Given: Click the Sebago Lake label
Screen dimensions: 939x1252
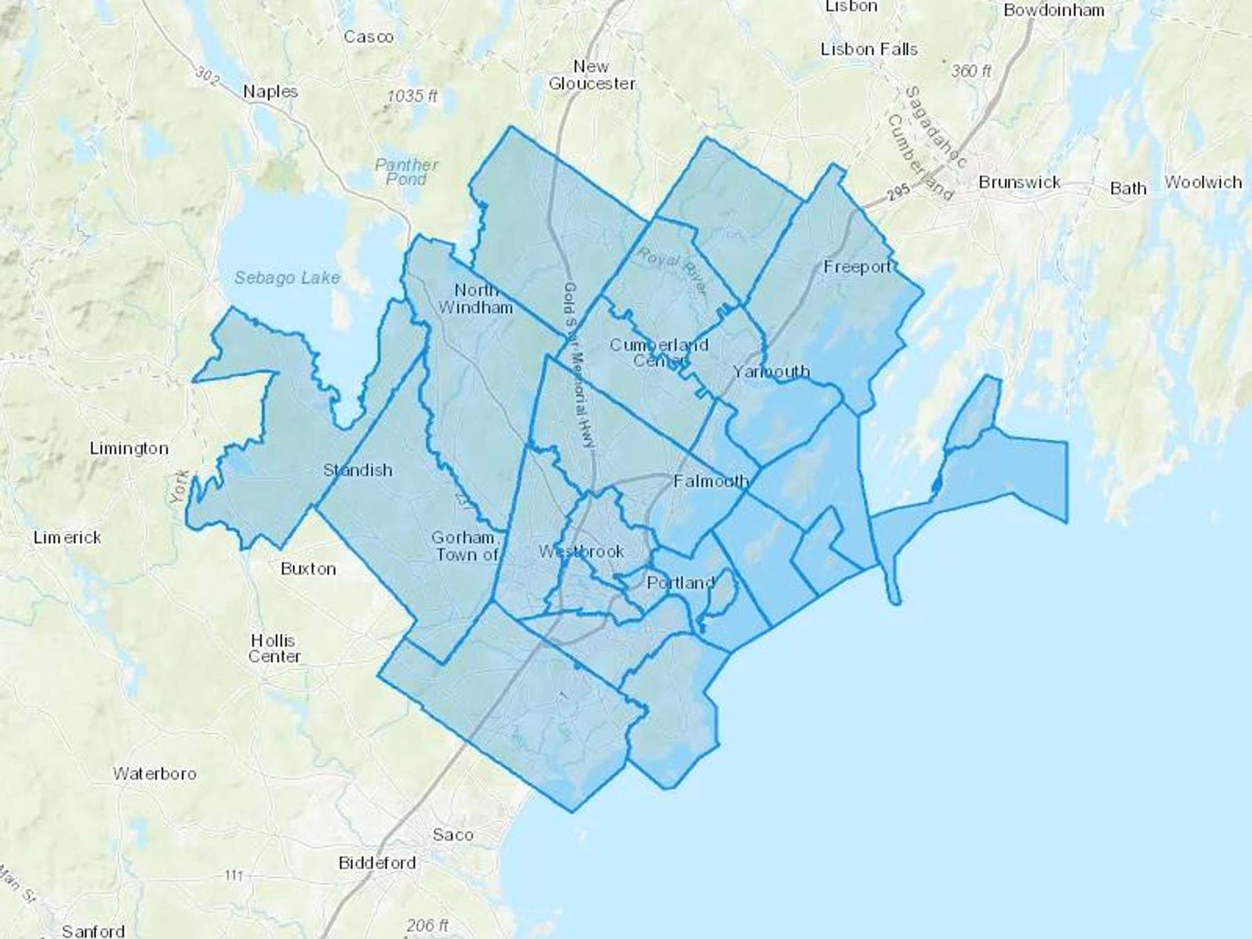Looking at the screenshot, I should point(287,278).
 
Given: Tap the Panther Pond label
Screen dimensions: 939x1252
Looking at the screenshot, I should point(407,172).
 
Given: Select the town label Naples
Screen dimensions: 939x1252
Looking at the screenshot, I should point(271,91).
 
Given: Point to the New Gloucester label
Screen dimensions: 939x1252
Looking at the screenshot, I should point(591,75).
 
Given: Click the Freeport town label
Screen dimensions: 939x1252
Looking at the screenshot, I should point(857,266).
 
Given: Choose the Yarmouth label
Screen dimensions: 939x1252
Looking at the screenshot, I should point(771,371).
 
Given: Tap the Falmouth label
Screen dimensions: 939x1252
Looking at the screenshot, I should point(711,480).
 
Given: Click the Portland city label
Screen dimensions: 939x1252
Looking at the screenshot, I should point(680,582).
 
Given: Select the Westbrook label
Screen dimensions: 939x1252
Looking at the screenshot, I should point(581,551).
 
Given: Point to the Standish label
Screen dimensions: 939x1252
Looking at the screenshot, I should point(358,469).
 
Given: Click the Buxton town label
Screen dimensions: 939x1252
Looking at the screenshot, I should point(308,568).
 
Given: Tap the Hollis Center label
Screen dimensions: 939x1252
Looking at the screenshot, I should point(274,648).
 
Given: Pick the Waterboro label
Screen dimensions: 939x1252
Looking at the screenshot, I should point(154,773).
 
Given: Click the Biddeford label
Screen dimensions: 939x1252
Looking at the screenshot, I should point(377,862).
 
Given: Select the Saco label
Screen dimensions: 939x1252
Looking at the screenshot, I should point(453,834).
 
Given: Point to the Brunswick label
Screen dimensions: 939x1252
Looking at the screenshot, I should point(1019,182).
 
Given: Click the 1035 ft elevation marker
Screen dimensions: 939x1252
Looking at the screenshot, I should point(412,96).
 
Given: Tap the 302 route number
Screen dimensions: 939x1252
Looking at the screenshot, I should point(206,74).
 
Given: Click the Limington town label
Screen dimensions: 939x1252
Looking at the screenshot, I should point(129,448).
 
